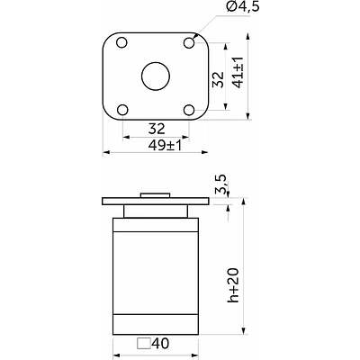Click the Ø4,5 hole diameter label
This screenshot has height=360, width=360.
(242, 6)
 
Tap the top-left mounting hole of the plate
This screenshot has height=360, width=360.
(121, 42)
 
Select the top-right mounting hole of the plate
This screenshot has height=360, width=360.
(189, 42)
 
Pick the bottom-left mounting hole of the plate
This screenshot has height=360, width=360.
(122, 110)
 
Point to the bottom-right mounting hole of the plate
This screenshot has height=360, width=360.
(189, 110)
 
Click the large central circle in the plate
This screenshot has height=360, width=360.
(156, 76)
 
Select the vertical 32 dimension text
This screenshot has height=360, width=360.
(219, 79)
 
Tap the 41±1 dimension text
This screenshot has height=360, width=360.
(238, 72)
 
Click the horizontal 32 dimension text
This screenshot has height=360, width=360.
(157, 129)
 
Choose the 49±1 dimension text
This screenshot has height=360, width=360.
(165, 146)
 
